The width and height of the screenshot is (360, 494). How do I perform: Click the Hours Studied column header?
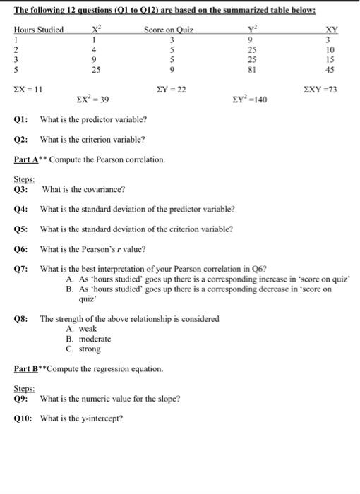(39, 30)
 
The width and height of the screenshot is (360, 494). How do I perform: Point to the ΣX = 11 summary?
(29, 90)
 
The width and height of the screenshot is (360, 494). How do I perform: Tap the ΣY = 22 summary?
(170, 90)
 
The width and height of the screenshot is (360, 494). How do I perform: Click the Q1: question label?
(21, 119)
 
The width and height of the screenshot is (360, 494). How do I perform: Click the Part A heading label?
(28, 159)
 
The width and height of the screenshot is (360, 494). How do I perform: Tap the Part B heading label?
(28, 369)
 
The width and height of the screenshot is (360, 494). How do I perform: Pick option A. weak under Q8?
(80, 329)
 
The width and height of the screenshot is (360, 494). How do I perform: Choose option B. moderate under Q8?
(88, 339)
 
